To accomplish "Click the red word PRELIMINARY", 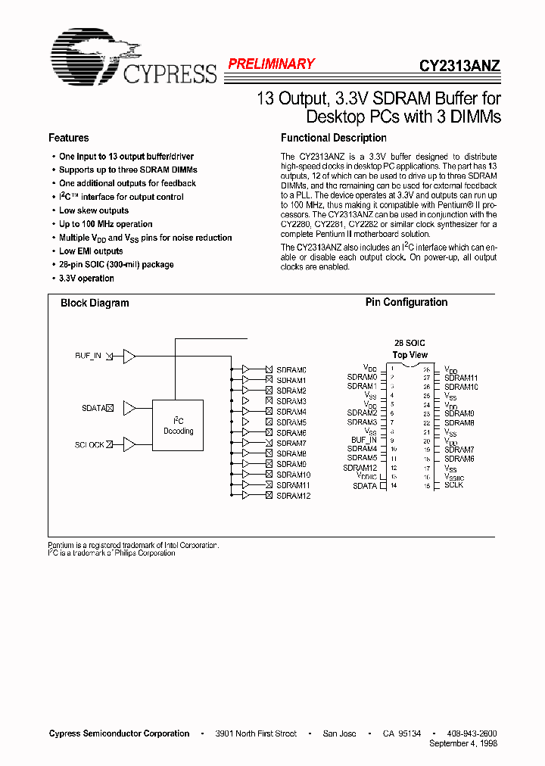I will coord(271,64).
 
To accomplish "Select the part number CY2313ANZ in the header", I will coord(459,66).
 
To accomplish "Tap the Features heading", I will coord(68,138).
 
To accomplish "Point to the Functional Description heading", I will coord(333,138).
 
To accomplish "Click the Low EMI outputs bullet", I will coord(91,251).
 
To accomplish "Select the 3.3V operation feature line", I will coord(86,279).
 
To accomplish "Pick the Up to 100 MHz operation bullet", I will coord(105,224).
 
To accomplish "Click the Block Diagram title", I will coord(95,303).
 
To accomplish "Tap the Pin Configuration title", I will coord(406,302).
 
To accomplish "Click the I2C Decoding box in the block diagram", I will coord(178,426).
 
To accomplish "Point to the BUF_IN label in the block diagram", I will coord(88,355).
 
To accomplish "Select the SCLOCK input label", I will coord(89,444).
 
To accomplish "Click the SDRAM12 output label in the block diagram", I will coord(293,496).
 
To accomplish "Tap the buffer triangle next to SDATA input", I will coord(129,408).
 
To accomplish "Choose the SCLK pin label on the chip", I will coord(453,484).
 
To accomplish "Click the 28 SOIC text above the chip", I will coord(410,343).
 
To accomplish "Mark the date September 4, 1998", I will coord(462,743).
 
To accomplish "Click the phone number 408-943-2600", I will coord(471,733).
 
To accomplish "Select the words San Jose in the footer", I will coord(338,733).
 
